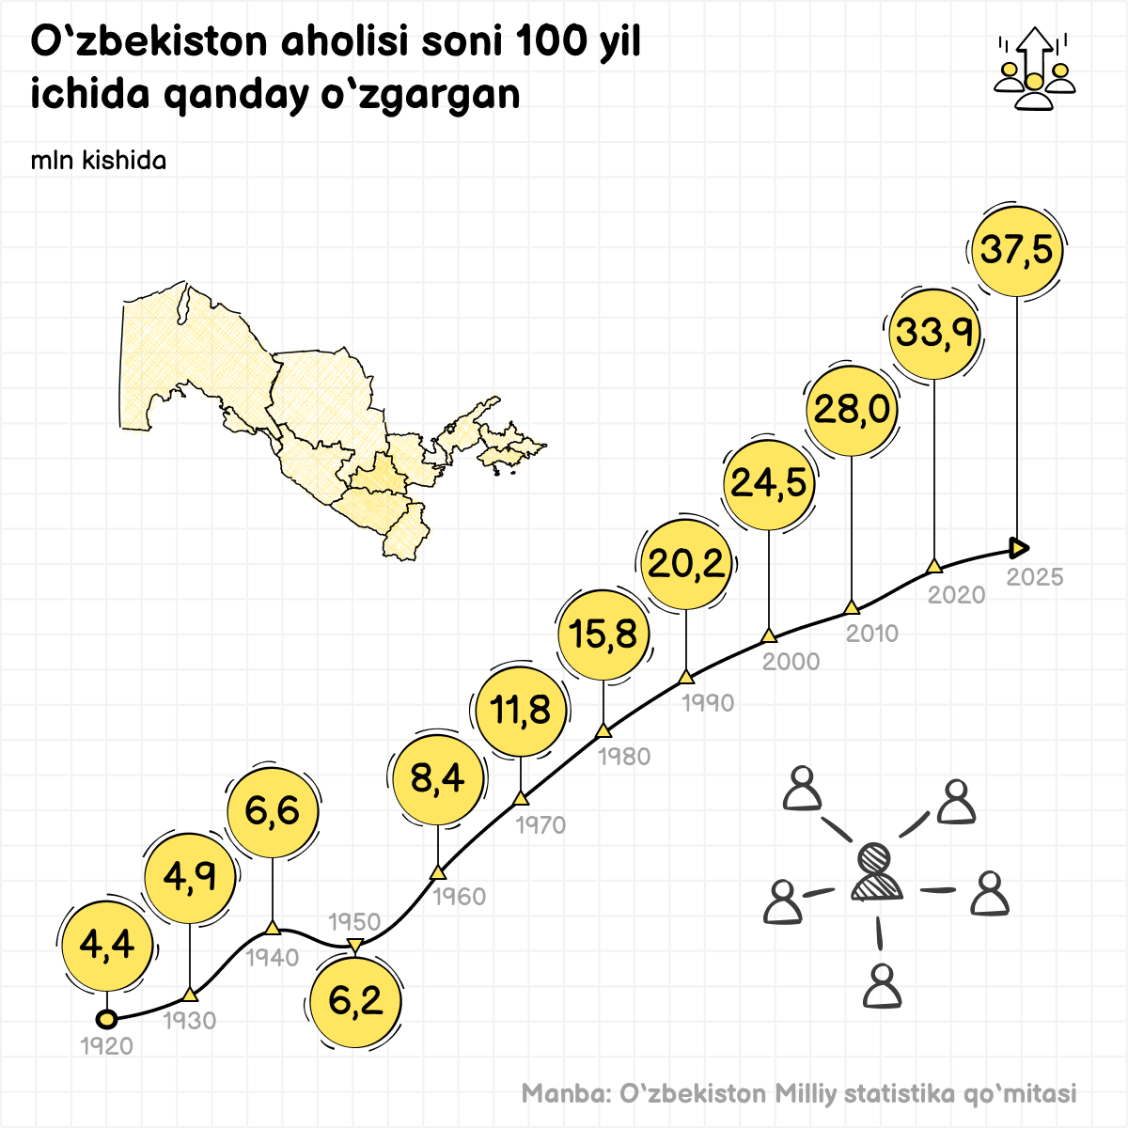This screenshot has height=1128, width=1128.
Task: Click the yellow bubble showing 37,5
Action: click(1016, 250)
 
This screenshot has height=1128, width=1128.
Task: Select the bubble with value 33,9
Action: click(933, 333)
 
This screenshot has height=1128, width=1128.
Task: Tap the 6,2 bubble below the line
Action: click(355, 1001)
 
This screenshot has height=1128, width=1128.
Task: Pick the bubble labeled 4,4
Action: click(107, 945)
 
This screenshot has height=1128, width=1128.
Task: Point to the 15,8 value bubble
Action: click(603, 634)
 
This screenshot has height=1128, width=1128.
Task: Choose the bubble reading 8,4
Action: click(438, 778)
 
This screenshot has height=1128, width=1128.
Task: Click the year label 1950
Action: click(354, 922)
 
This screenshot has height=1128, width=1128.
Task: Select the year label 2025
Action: click(1035, 577)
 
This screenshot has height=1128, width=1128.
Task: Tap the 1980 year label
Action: click(624, 757)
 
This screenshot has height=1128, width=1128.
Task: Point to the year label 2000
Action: click(791, 662)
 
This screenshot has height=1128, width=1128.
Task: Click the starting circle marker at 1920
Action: click(106, 1019)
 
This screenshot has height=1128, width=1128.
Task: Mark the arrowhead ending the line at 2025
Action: click(1019, 547)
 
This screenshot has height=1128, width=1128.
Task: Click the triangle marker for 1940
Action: click(273, 929)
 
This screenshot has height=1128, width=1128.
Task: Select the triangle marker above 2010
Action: click(852, 607)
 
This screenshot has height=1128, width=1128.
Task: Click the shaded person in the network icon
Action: click(876, 873)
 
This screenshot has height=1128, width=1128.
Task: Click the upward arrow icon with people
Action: click(1034, 69)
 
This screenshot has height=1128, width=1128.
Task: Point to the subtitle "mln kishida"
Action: click(99, 161)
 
